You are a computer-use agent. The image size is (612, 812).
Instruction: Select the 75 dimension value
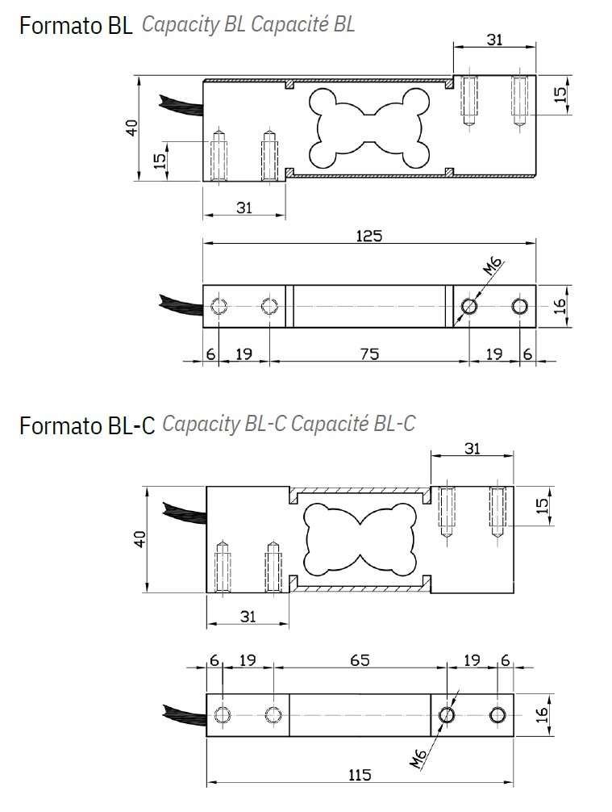[x=368, y=353]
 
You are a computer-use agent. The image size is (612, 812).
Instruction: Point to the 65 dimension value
[x=360, y=659]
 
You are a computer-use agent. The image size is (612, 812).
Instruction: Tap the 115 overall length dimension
[x=360, y=775]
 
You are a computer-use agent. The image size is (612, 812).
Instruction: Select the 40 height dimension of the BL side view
[x=132, y=128]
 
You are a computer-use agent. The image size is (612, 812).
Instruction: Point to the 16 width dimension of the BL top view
[x=562, y=306]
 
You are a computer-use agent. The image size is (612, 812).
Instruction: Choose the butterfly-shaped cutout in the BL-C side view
[x=360, y=539]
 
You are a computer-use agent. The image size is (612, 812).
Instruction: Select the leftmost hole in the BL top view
[x=217, y=306]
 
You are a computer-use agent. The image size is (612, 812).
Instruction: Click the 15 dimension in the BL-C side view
[x=543, y=505]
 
